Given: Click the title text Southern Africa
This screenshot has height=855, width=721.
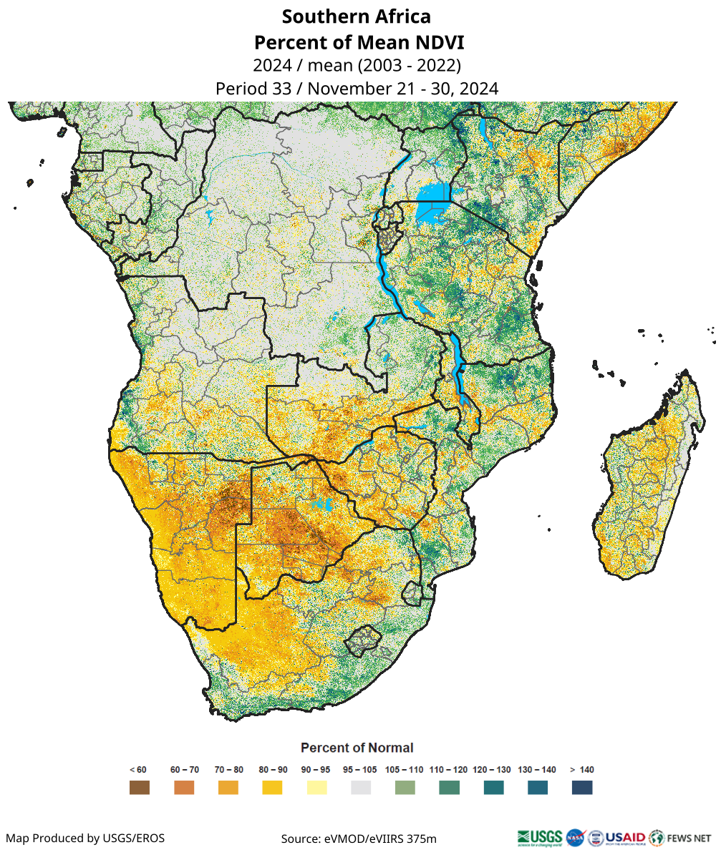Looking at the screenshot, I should click(x=357, y=16).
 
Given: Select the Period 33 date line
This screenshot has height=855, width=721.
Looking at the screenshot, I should click(x=357, y=89).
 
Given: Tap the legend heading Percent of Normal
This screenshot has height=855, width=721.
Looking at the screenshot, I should click(x=357, y=748).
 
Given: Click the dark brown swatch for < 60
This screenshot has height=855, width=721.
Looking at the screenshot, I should click(x=139, y=787).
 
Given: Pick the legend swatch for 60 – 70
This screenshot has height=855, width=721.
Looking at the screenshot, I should click(x=184, y=787).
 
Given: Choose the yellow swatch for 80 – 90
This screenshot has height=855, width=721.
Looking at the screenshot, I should click(x=272, y=787).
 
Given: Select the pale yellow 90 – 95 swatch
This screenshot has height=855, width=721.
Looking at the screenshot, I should click(x=316, y=787).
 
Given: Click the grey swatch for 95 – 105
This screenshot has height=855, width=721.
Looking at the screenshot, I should click(x=361, y=787).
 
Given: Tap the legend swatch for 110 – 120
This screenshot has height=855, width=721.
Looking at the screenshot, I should click(x=449, y=787).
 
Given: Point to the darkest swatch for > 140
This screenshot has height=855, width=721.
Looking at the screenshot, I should click(x=582, y=787).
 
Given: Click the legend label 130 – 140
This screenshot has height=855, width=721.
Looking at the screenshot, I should click(x=537, y=770).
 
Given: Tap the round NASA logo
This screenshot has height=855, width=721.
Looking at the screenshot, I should click(x=574, y=837).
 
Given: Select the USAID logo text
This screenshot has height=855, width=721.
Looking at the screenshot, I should click(x=625, y=837).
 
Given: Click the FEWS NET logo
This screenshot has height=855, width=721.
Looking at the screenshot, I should click(x=680, y=837).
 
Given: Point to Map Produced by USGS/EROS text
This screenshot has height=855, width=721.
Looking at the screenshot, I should click(x=85, y=838).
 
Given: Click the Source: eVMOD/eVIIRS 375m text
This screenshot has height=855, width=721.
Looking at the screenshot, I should click(x=359, y=838).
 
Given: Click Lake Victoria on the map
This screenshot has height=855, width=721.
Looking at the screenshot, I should click(x=433, y=193).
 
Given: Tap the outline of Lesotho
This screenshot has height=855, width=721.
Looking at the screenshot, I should click(x=362, y=640).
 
